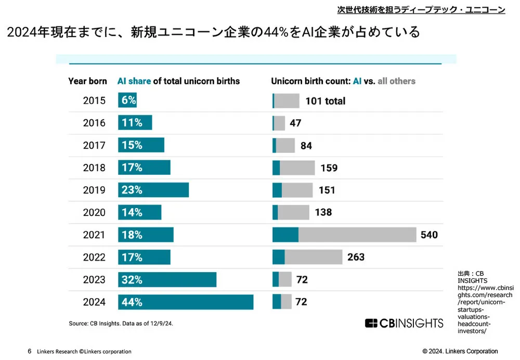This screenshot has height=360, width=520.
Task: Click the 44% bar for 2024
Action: coord(186,302)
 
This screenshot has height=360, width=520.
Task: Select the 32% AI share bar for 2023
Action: coord(167,279)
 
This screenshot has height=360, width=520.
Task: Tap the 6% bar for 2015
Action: coord(127,100)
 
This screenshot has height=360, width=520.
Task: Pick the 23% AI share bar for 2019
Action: coord(153,190)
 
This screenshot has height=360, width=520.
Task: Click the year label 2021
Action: coord(94,235)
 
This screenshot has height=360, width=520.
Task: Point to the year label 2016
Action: coord(94,123)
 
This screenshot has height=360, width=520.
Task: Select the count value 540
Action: coord(429,235)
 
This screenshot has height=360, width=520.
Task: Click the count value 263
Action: coord(356,257)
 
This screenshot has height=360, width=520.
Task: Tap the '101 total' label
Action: coord(326,101)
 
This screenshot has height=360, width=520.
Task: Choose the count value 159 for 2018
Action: coord(329,168)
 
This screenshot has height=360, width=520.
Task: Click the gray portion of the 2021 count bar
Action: coord(357,235)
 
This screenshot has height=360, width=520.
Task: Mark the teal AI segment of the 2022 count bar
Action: coord(279,257)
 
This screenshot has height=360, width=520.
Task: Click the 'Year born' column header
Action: coord(88,81)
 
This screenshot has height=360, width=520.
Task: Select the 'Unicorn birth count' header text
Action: coord(310,81)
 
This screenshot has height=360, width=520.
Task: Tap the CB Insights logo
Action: coord(404,323)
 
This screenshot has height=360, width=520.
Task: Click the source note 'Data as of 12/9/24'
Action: coord(148,323)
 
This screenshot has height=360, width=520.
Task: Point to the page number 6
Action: coord(30,351)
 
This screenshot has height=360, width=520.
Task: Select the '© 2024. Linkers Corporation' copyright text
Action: coord(460,351)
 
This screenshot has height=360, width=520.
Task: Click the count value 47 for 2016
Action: coord(296,123)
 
